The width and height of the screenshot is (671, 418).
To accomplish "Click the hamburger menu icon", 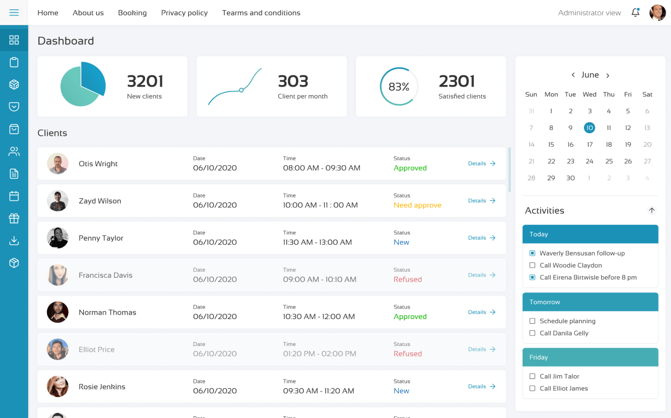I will (14, 12).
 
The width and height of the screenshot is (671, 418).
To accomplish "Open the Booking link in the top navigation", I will (132, 12).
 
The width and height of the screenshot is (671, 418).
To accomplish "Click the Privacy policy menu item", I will (184, 12).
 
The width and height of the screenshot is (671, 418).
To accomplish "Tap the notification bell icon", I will (635, 12).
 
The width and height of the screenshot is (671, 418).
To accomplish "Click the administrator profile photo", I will (657, 12).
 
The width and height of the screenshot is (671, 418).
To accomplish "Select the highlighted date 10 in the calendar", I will (589, 128).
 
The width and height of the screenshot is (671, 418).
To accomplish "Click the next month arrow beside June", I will (608, 75).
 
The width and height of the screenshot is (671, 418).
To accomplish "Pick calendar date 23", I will (570, 161).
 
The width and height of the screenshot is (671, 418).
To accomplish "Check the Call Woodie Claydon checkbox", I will (532, 265).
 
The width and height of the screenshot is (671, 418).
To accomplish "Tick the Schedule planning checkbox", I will (532, 321).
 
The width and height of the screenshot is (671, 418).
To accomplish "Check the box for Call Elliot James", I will (532, 388).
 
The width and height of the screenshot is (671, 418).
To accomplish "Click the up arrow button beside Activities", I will (652, 211).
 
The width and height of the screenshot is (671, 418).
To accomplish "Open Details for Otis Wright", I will (482, 164).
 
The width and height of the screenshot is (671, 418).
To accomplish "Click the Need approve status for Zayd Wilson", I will (417, 205).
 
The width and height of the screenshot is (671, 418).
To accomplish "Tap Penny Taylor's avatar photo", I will (57, 238).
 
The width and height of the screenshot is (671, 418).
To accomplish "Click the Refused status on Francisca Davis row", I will (407, 279).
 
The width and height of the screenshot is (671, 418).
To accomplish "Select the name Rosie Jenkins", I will (102, 387).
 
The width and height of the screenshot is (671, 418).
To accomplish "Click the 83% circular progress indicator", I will (399, 87).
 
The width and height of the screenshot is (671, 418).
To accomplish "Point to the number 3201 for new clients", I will (145, 81).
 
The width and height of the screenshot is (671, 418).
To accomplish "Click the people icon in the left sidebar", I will (14, 152).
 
